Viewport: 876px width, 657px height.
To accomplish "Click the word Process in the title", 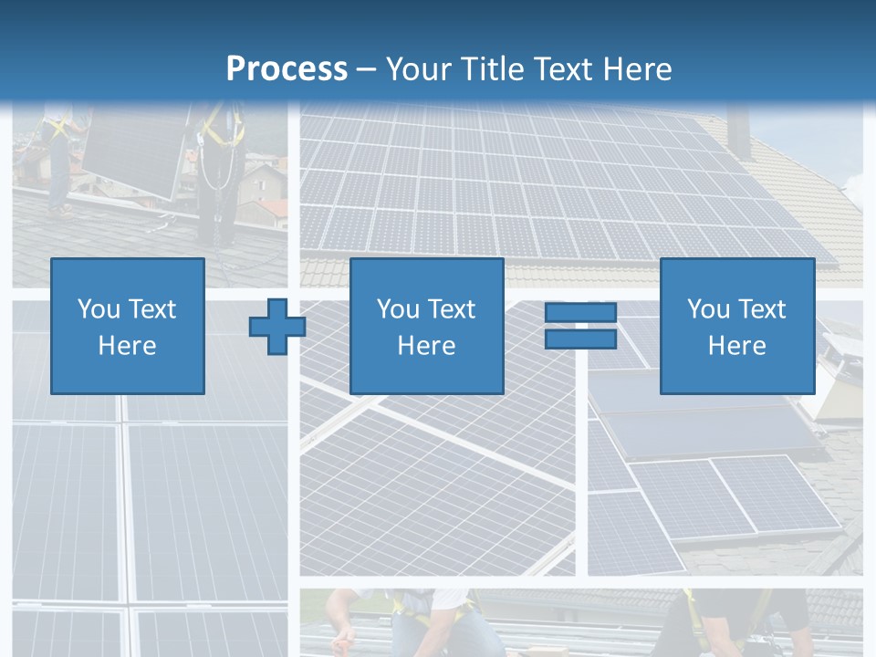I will click(x=287, y=68).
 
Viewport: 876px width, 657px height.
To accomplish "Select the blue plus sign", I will click(x=277, y=327).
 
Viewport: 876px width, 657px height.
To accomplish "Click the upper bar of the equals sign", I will click(x=580, y=313).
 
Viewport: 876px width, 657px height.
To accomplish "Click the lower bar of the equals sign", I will click(x=580, y=339).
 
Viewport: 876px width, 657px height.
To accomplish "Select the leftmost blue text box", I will click(x=128, y=326).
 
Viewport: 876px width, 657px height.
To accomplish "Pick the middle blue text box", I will click(x=426, y=326).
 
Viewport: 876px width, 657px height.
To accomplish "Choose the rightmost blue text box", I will click(x=736, y=326).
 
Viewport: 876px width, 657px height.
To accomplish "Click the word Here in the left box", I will click(x=127, y=346).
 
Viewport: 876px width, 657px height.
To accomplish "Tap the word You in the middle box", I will click(x=398, y=309).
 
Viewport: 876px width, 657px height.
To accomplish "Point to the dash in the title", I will click(x=366, y=69).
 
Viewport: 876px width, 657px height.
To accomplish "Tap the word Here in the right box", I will click(x=736, y=346).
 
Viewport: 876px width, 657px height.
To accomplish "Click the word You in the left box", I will click(x=99, y=309).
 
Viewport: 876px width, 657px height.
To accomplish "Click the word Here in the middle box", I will click(x=426, y=346).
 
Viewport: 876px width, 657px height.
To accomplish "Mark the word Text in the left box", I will click(x=152, y=309).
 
